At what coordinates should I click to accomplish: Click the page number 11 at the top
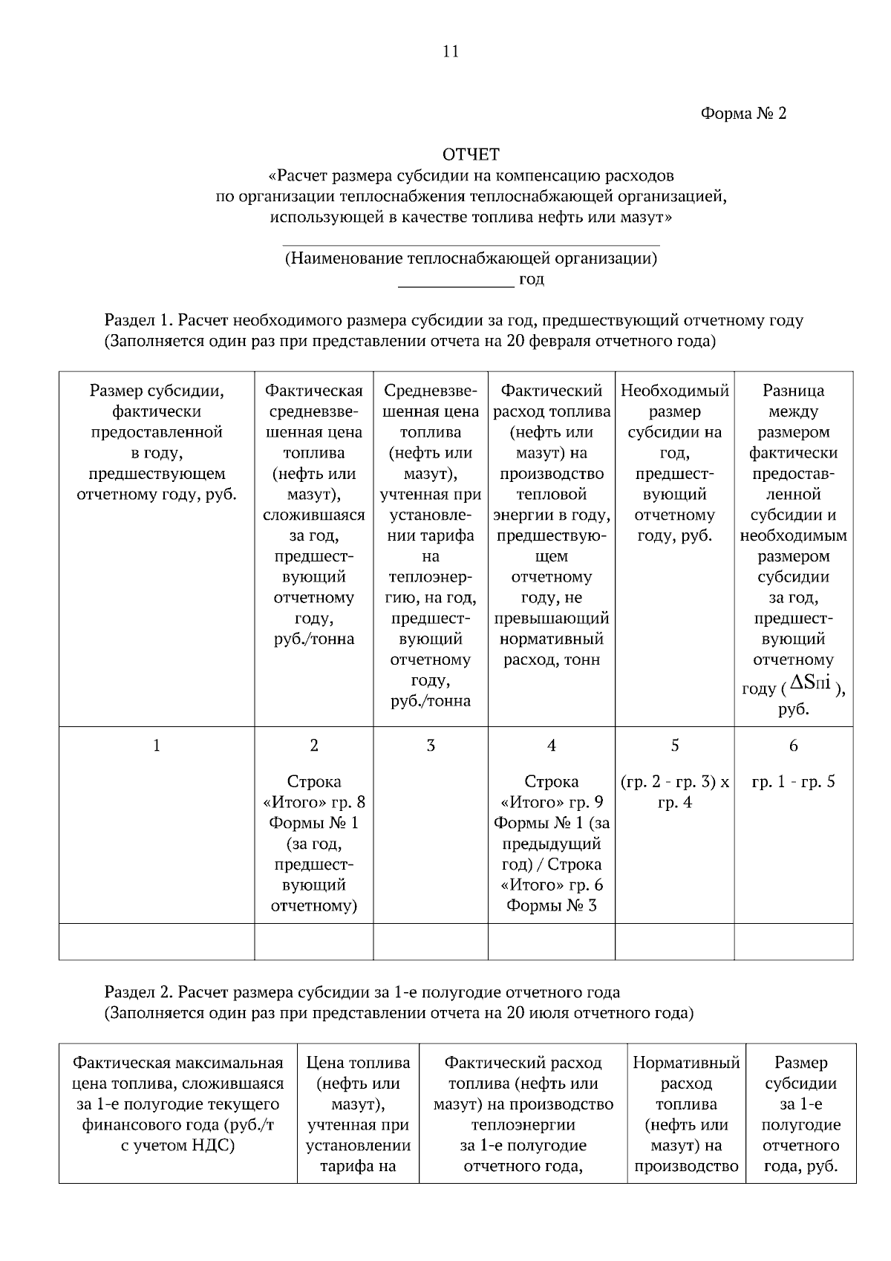point(451,51)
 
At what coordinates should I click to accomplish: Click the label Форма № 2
point(742,114)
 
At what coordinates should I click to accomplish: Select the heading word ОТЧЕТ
point(471,154)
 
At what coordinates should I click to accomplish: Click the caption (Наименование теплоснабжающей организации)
point(471,258)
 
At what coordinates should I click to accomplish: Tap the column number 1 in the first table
point(156,746)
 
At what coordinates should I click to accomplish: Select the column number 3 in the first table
point(431,746)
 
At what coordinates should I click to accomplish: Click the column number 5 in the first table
point(674,746)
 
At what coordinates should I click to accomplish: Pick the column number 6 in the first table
point(793,746)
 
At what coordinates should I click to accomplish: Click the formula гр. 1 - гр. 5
point(793,781)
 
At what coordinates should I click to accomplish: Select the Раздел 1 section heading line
point(454,321)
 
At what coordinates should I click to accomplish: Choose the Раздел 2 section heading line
point(362,993)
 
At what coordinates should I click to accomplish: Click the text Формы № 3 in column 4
point(552,905)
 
